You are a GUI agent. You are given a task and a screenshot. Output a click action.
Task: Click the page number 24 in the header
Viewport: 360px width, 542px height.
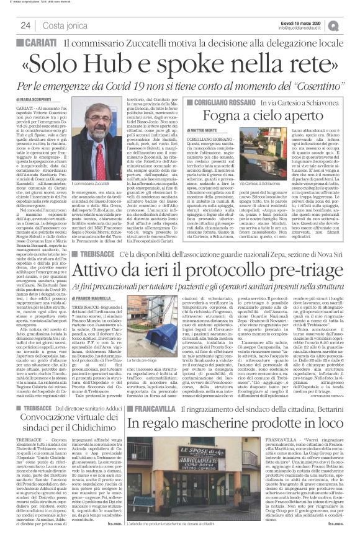click(26, 25)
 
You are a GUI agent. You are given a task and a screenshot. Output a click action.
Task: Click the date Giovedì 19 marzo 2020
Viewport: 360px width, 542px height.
click(313, 22)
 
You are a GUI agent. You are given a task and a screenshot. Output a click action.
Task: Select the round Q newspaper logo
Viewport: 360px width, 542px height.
click(351, 24)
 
